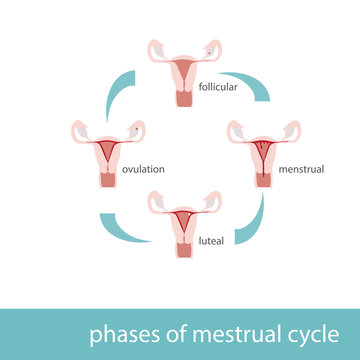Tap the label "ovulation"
[143, 169]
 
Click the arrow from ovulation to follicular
[112, 91]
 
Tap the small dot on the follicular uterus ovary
[209, 52]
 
